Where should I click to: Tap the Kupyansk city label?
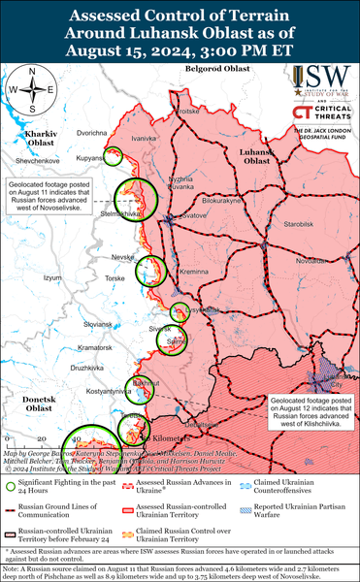click(90, 156)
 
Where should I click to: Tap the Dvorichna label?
click(91, 132)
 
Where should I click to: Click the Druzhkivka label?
click(94, 368)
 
